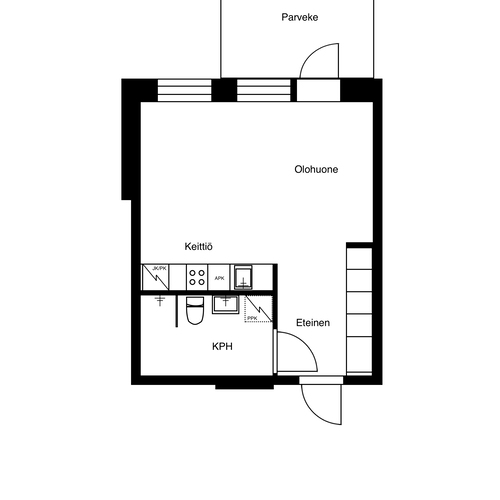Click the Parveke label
pos(300,17)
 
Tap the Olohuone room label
pos(316,169)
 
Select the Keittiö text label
pos(198,246)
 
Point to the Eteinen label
pos(313,323)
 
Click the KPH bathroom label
pos(222,346)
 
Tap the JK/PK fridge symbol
pos(155,277)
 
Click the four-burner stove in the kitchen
pos(197,277)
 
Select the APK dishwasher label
pos(219,278)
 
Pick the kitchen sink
pos(243,277)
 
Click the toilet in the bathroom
pos(195,310)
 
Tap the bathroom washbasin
pos(226,304)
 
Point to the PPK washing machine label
pos(252,318)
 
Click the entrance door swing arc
pos(313,413)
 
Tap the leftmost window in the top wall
pos(184,90)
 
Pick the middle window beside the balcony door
pos(264,90)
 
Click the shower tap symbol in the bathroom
pos(160,300)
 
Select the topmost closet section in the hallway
pos(359,259)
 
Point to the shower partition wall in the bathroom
pos(176,311)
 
